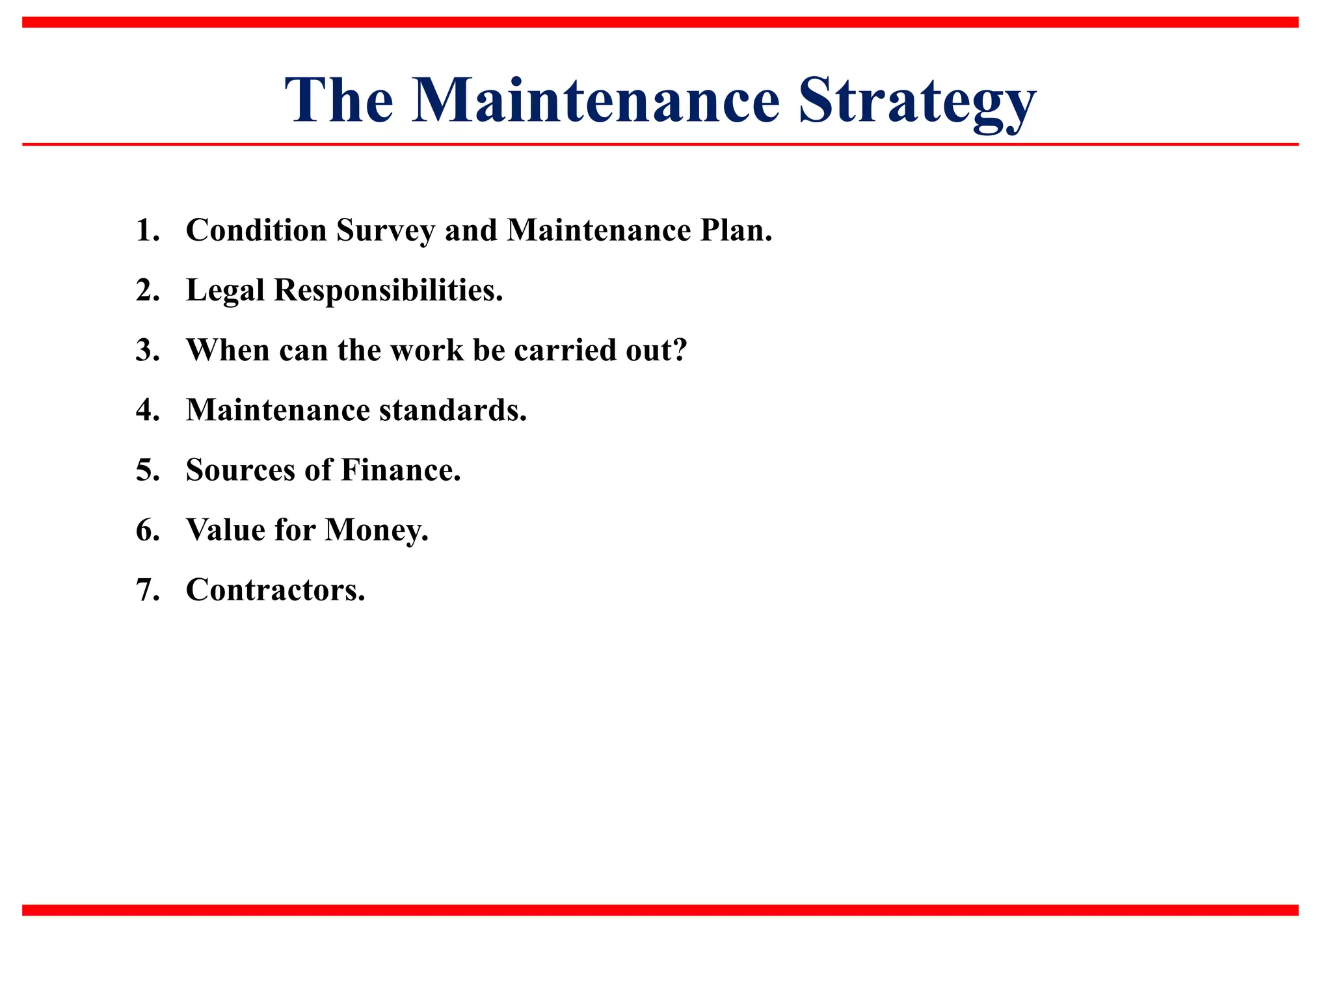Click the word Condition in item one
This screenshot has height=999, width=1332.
(x=256, y=230)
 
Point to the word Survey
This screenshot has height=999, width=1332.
(x=385, y=232)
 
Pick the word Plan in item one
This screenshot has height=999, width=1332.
(x=735, y=230)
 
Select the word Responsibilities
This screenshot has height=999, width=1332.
(x=388, y=291)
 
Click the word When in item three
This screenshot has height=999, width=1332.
(x=228, y=351)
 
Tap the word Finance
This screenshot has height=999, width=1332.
(x=400, y=470)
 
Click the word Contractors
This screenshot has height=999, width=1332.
(x=275, y=590)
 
